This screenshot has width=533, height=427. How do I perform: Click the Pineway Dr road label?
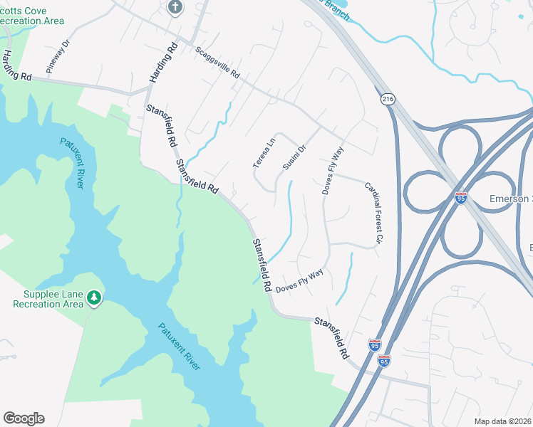(x=59, y=56)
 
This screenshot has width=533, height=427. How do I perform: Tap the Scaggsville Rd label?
(x=217, y=63)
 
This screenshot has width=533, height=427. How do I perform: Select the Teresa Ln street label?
(x=264, y=152)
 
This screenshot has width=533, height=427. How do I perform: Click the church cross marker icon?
(x=175, y=8)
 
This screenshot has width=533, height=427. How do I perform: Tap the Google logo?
(x=24, y=418)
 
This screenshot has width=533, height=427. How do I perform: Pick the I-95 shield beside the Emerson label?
(x=461, y=197)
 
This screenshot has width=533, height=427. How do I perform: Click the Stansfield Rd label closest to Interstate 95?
(x=332, y=337)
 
